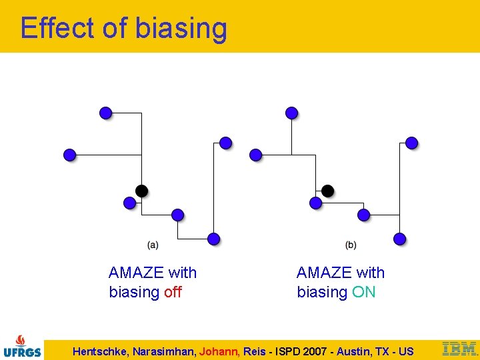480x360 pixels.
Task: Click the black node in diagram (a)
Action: click(x=141, y=191)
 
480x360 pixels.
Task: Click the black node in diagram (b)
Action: click(x=327, y=191)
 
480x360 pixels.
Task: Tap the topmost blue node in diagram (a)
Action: click(x=105, y=113)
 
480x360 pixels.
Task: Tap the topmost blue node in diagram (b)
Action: click(x=291, y=113)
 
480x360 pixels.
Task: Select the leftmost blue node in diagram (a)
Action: click(x=70, y=155)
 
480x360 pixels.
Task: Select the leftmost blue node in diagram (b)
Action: click(x=256, y=155)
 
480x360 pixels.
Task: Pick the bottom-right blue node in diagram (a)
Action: click(x=213, y=239)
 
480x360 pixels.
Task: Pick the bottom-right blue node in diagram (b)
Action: click(x=399, y=239)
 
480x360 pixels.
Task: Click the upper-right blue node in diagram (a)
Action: click(x=225, y=143)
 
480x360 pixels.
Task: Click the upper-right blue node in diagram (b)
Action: click(x=411, y=143)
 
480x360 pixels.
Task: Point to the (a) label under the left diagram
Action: click(x=153, y=245)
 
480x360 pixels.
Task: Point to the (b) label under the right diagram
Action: click(x=351, y=245)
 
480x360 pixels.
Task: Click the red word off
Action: click(x=173, y=292)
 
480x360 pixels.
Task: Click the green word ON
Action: click(x=363, y=292)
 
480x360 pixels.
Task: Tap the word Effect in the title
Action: click(x=59, y=28)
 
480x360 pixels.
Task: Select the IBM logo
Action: click(x=459, y=348)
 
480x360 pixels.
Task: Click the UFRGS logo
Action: click(x=22, y=346)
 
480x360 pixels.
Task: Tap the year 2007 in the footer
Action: click(x=314, y=351)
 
